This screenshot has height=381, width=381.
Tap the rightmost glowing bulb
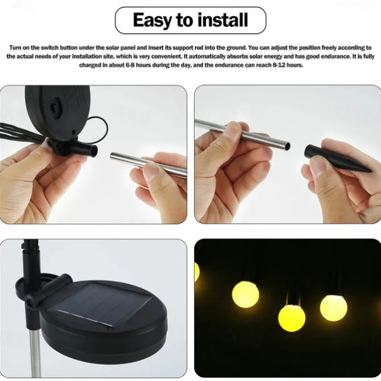coord(334,307)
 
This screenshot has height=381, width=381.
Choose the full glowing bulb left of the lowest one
coord(245,294)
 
